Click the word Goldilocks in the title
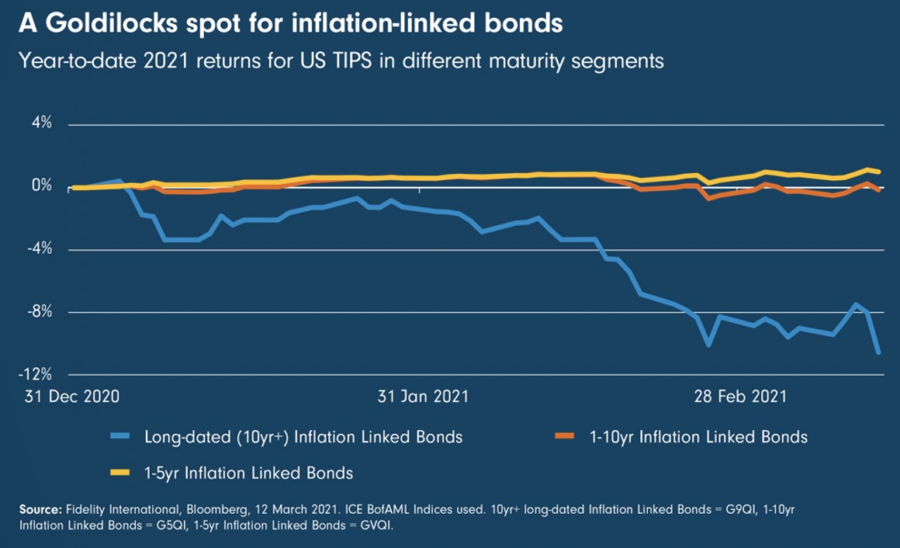pos(108,23)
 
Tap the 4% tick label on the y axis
pos(41,123)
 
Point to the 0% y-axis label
pos(41,186)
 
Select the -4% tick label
pos(39,250)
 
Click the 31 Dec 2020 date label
pos(71,397)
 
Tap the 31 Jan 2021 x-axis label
pos(423,397)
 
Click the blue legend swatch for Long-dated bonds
pos(124,437)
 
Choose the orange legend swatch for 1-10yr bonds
pos(565,437)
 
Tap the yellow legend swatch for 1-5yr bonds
pos(124,473)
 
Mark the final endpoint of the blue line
pos(879,353)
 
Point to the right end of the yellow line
pos(879,172)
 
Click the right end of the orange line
pos(879,190)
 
